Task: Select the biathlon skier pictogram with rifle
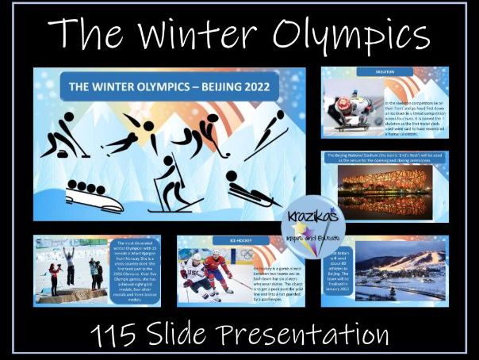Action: point(175,185)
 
